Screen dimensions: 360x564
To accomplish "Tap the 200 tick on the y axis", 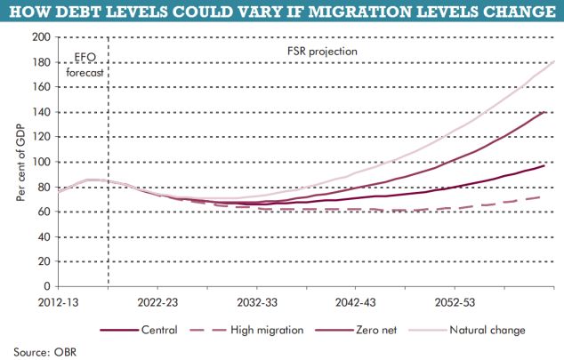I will click(41, 37).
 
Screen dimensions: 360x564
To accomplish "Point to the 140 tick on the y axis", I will click(41, 112).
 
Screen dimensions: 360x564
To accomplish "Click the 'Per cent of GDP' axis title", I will click(20, 164).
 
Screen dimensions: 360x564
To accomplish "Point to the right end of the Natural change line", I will click(554, 61).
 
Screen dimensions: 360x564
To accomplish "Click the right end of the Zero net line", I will click(545, 112).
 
